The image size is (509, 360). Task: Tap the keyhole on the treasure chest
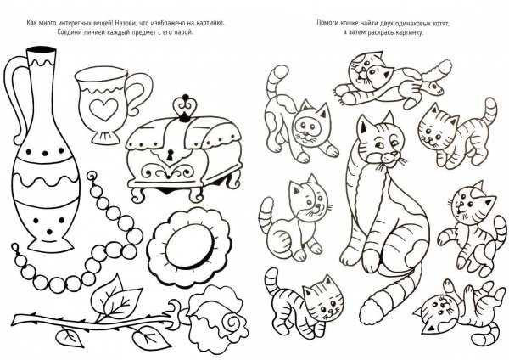(169, 155)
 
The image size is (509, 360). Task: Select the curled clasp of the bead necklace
(92, 177)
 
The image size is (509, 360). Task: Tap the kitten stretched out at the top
(393, 82)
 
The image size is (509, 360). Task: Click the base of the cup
(105, 137)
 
